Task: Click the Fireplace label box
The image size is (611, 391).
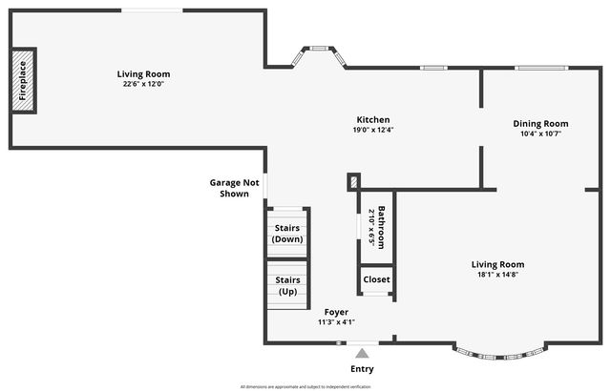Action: (x=23, y=81)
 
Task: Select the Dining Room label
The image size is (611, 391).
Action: (x=540, y=123)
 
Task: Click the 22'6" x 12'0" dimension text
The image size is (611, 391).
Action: (x=144, y=84)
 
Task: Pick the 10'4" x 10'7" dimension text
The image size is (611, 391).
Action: (x=540, y=134)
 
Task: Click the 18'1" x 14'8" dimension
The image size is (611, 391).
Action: (x=497, y=275)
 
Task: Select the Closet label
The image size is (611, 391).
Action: (x=377, y=279)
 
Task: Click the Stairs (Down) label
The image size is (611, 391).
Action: (x=287, y=234)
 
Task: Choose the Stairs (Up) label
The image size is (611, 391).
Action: (x=287, y=285)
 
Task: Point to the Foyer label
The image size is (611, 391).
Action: (x=336, y=312)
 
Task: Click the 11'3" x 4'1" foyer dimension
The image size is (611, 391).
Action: (x=336, y=322)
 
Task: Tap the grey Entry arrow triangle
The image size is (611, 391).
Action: (x=362, y=354)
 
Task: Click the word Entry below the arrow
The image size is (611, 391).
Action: (x=362, y=369)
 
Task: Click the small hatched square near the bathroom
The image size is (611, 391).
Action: (x=354, y=181)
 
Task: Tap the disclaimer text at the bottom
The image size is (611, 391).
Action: (x=305, y=386)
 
